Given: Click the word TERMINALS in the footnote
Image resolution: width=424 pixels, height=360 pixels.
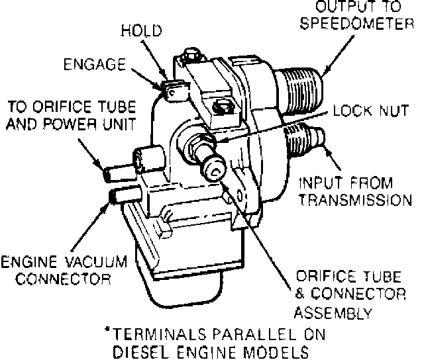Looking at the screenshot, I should pyautogui.click(x=154, y=334).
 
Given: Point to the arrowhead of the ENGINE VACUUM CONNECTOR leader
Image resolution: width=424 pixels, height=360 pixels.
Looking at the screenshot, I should pyautogui.click(x=108, y=204).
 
